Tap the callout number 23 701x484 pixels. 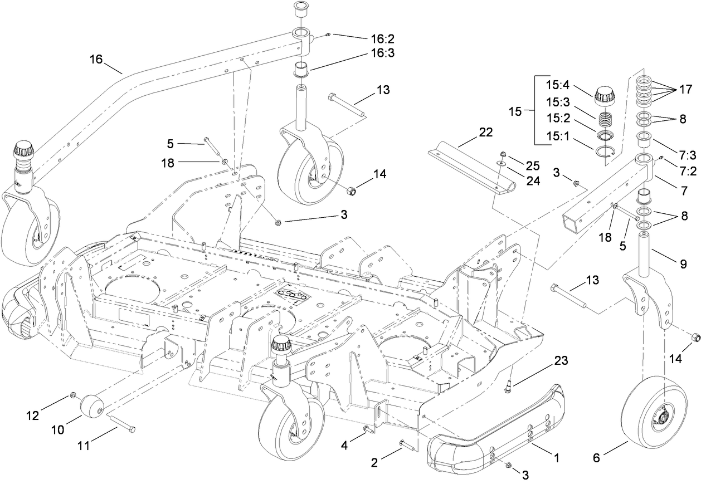(561, 361)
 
